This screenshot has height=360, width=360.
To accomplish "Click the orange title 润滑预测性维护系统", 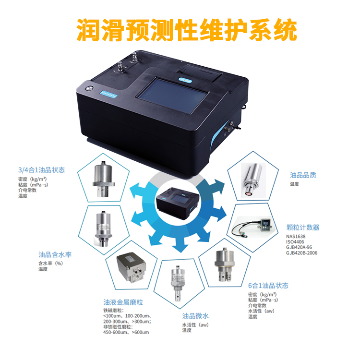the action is point(186,30).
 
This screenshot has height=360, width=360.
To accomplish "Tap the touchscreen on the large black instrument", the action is point(173,95).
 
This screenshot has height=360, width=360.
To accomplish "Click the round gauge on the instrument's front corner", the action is point(89,88).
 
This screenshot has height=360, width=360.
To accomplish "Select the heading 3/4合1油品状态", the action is point(42,170).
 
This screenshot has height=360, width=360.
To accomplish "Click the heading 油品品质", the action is point(303,175).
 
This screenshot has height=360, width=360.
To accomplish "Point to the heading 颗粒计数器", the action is point(303,228).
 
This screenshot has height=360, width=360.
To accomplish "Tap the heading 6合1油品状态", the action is point(268,286).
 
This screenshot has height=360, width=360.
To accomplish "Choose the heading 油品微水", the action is point(195,316).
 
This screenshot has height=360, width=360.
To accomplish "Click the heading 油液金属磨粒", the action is point(123,302).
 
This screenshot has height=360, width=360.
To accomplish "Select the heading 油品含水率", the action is point(55,254).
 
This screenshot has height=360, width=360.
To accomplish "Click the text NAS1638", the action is point(296,236).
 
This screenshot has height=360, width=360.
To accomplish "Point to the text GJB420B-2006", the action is point(302,253).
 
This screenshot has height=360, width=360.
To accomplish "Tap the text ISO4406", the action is point(295,242).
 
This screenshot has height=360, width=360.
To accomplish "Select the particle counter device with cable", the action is point(252,228).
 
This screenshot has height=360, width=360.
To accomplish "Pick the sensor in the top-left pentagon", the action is point(104,179).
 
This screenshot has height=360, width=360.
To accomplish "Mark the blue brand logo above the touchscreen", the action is point(185,80).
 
